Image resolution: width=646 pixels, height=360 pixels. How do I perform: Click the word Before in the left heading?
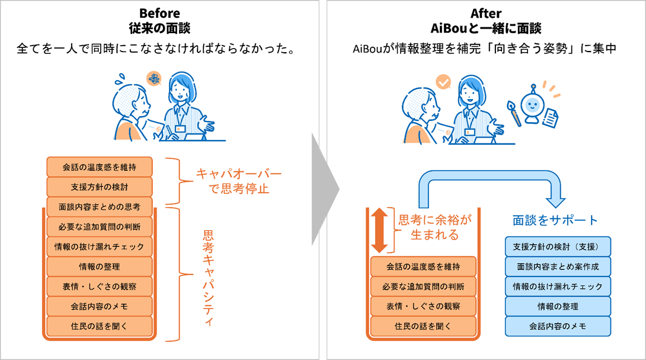click(159, 12)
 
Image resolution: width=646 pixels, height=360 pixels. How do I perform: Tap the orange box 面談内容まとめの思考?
click(100, 207)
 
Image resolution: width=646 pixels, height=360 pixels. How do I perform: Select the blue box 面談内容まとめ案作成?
click(558, 267)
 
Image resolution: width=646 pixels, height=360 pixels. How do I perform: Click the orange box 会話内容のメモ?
click(100, 306)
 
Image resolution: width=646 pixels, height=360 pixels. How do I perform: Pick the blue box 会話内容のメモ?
click(558, 326)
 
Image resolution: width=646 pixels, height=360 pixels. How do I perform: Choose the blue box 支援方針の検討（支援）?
click(558, 247)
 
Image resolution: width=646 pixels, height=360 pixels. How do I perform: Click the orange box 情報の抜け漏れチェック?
click(100, 247)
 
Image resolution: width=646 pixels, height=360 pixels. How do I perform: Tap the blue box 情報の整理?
click(558, 306)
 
